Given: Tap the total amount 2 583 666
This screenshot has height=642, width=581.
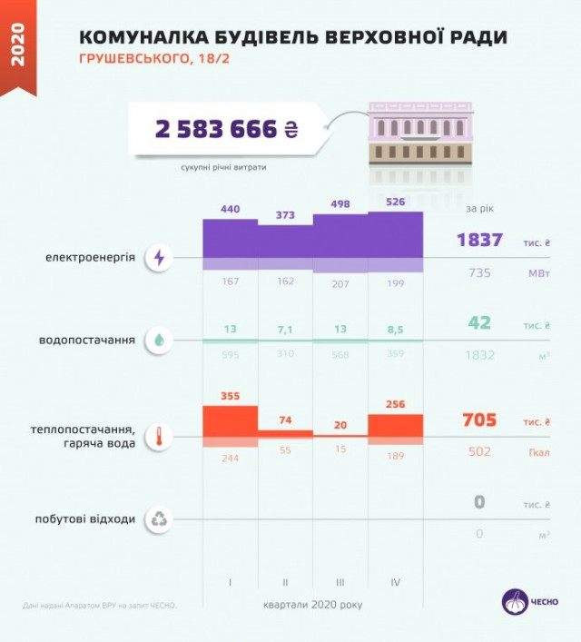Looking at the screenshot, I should tap(217, 130).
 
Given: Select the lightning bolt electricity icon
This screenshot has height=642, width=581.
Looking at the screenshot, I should tap(160, 258).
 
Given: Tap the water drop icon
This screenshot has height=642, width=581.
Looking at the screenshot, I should tap(160, 341).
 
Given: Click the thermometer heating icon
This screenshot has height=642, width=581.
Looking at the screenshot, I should tap(160, 436).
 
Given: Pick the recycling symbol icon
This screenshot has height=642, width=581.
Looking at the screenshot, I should tap(160, 519).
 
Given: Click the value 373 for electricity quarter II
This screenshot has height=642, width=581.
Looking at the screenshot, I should tap(286, 215).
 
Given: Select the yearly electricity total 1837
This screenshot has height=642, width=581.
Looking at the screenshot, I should tap(479, 241).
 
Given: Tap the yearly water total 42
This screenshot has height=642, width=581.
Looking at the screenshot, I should tap(479, 323).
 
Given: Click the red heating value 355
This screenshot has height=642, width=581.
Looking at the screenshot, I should tap(230, 397).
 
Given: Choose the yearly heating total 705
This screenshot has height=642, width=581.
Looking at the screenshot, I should tap(479, 420).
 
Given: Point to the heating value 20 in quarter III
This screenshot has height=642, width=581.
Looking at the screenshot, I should tap(340, 426).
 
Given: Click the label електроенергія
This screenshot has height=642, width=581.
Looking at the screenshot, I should tap(90, 258).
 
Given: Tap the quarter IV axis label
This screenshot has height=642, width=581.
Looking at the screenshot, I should tap(395, 582).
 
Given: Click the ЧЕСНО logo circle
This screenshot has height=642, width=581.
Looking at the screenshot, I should tap(516, 602).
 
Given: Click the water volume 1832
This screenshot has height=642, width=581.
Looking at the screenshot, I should tap(479, 355).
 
